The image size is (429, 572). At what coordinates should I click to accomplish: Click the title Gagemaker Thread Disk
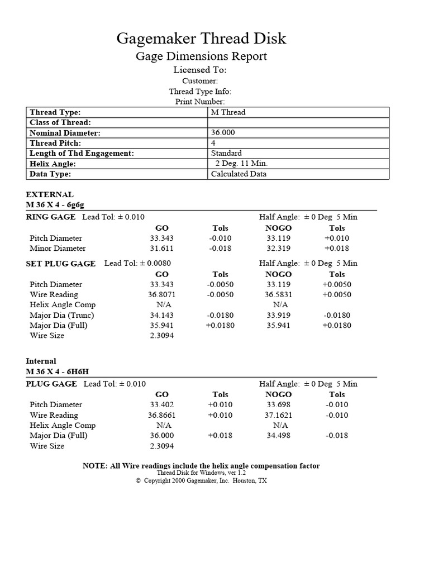(x=201, y=38)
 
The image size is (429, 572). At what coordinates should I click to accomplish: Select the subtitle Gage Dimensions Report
(x=201, y=56)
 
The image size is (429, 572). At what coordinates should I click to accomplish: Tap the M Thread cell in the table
(x=228, y=112)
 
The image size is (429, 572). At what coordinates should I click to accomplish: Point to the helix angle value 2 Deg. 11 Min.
(x=241, y=164)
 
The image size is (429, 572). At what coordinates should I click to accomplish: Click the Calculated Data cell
(x=239, y=174)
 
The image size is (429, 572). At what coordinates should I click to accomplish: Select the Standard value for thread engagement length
(x=226, y=153)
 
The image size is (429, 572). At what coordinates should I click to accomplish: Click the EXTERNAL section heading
(x=50, y=194)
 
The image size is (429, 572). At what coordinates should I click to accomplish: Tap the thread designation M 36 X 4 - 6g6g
(x=55, y=205)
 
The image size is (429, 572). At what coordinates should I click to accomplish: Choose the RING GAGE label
(x=51, y=217)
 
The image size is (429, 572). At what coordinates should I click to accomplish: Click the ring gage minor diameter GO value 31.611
(x=161, y=248)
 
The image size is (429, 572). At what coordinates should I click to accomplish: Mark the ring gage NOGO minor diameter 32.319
(x=278, y=248)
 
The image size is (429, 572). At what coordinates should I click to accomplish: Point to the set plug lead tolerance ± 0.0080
(x=137, y=263)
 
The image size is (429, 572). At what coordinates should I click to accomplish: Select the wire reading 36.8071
(x=161, y=294)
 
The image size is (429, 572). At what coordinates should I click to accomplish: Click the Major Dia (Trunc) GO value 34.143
(x=161, y=315)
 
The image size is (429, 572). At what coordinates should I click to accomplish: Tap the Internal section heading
(x=41, y=361)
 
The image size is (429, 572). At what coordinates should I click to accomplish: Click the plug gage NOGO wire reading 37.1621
(x=278, y=415)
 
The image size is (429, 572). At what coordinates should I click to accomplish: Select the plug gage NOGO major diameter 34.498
(x=278, y=436)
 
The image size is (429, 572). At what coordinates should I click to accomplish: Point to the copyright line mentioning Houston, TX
(x=201, y=480)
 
